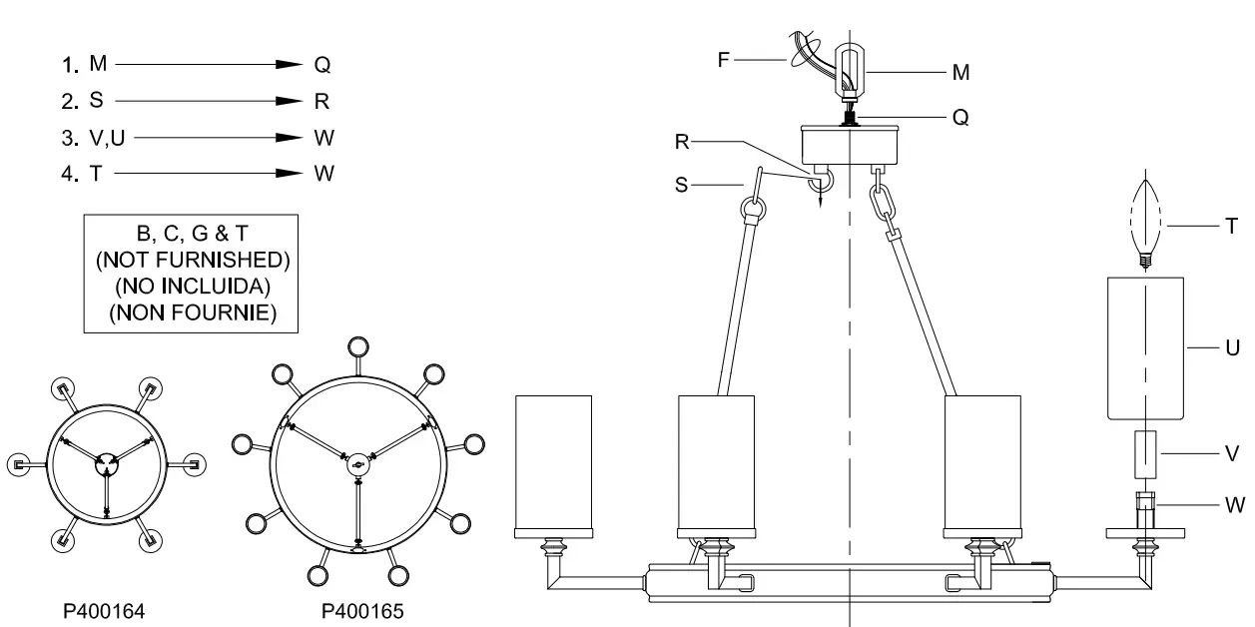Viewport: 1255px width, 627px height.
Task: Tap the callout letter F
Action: pyautogui.click(x=723, y=60)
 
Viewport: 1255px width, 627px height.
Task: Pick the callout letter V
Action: pyautogui.click(x=1232, y=451)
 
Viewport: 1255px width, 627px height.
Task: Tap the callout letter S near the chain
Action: pyautogui.click(x=681, y=186)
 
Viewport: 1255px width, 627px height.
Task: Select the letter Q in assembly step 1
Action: pyautogui.click(x=322, y=65)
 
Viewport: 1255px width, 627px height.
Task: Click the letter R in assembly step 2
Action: pyautogui.click(x=322, y=101)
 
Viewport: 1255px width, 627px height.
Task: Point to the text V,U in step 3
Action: pyautogui.click(x=107, y=137)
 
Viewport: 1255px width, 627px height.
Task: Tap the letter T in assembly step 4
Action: pyautogui.click(x=96, y=173)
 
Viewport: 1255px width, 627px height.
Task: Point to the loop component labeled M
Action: pyautogui.click(x=849, y=70)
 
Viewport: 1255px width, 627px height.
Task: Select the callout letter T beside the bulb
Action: pyautogui.click(x=1231, y=228)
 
